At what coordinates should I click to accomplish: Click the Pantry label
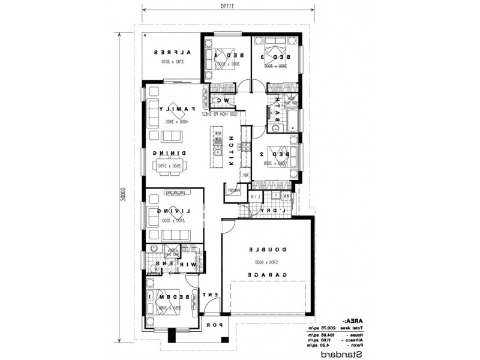(233, 190)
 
